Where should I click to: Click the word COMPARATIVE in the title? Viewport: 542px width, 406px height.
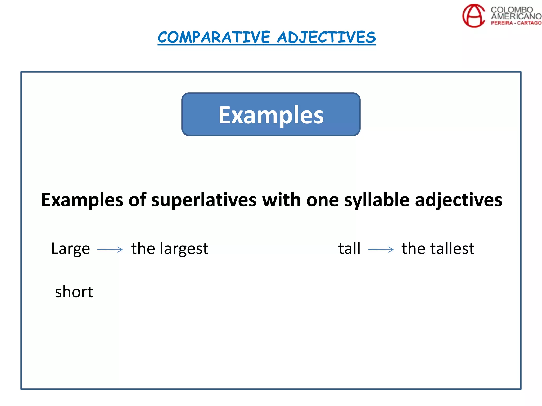click(x=214, y=37)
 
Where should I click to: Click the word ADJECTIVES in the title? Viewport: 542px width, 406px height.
click(x=326, y=37)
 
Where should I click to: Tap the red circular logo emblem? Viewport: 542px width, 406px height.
click(x=473, y=16)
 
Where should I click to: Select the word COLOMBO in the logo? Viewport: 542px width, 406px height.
click(x=512, y=10)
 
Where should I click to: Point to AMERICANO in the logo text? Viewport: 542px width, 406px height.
click(x=516, y=16)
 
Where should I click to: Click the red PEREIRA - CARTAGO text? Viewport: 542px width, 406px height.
click(x=516, y=23)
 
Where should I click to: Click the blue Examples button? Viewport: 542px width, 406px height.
click(x=271, y=114)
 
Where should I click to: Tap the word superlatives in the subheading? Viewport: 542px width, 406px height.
click(x=204, y=200)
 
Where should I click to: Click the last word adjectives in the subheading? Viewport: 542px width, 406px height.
click(x=458, y=200)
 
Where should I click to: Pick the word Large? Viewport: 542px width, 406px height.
click(x=71, y=249)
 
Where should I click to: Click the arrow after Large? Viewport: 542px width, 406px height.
click(x=110, y=249)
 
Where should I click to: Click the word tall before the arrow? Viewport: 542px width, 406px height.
click(x=349, y=248)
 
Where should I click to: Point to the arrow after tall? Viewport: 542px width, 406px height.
click(x=381, y=249)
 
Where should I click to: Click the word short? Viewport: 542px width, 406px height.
click(x=74, y=292)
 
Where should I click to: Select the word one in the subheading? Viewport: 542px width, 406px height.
click(x=322, y=200)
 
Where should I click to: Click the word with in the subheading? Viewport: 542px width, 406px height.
click(x=281, y=200)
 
